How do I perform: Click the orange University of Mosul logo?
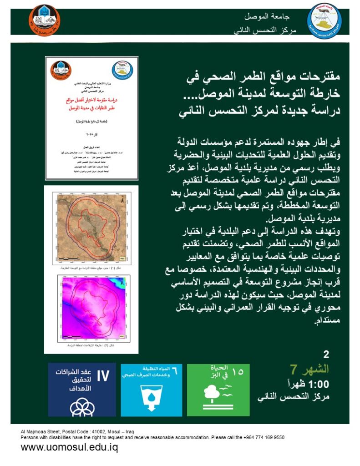[x=45, y=20]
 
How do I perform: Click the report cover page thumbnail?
[x=91, y=118]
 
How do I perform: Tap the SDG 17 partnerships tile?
[x=82, y=389]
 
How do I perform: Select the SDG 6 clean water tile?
[x=152, y=389]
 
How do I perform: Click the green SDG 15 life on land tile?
[x=218, y=389]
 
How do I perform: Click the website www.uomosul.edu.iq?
[x=69, y=447]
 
